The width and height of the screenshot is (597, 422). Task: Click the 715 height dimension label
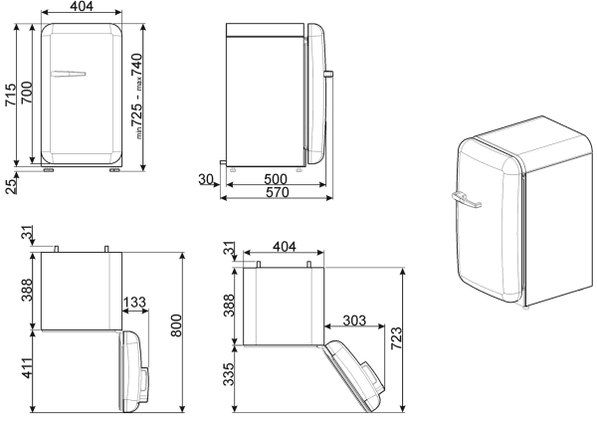coord(11,95)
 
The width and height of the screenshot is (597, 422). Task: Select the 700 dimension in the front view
coord(27,93)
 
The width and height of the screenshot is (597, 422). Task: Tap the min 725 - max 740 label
coord(136,96)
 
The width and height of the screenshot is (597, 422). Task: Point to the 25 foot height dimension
coord(11,186)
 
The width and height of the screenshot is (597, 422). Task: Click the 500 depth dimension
coord(276,179)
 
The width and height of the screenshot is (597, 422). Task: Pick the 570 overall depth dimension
coord(278,192)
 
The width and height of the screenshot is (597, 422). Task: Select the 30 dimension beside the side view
coord(206,179)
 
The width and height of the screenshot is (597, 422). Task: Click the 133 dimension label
coord(134,303)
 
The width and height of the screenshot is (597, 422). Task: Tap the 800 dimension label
coord(176,325)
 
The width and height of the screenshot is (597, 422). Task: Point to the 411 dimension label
coord(27,368)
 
